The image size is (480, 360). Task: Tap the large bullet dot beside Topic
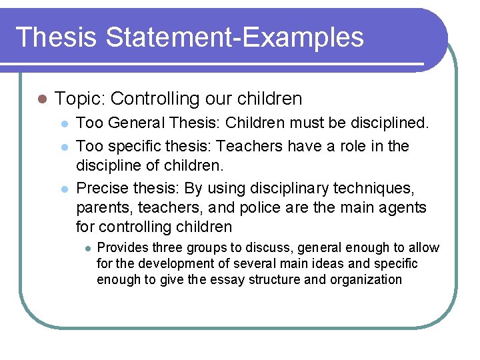41,99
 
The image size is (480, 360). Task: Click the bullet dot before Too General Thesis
63,124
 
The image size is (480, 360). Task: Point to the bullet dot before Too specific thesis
63,147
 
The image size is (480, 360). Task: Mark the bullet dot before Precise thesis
63,189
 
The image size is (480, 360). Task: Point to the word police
252,207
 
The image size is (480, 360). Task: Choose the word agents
403,207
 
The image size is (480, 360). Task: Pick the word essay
227,279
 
